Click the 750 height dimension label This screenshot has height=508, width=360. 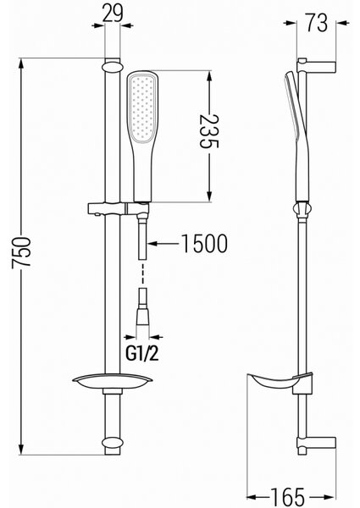[x=21, y=252]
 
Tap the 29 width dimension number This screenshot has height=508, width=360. [x=113, y=14]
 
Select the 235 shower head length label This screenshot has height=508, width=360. [x=208, y=131]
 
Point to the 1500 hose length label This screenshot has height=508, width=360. [x=204, y=243]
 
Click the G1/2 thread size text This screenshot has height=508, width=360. [x=142, y=353]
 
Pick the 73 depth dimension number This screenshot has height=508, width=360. [x=316, y=23]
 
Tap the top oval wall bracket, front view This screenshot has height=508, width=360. [x=113, y=67]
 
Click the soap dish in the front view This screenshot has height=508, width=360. [x=113, y=383]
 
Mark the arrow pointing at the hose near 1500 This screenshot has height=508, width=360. [x=163, y=243]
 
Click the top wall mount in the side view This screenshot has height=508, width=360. [x=316, y=65]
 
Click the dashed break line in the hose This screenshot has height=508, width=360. [x=142, y=273]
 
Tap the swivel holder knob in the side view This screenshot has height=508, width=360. [x=302, y=209]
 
